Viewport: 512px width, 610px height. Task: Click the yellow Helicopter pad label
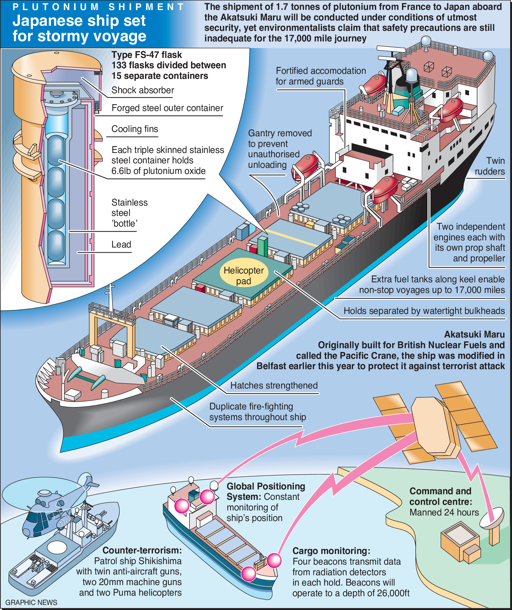(x=243, y=275)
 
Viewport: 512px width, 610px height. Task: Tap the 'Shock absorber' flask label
(x=143, y=90)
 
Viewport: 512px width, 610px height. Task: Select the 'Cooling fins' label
(x=135, y=129)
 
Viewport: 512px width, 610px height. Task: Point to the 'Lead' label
(x=121, y=244)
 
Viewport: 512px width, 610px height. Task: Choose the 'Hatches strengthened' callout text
(x=274, y=385)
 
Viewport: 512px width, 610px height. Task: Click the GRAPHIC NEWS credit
(x=31, y=602)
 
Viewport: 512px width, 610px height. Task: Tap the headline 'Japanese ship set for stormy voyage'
(x=79, y=28)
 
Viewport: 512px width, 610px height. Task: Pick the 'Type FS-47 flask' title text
(x=147, y=55)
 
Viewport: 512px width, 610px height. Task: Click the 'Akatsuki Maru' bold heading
(x=474, y=334)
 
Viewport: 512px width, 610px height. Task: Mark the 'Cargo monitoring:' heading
(x=331, y=551)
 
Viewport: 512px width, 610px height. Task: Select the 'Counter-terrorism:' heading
(x=142, y=550)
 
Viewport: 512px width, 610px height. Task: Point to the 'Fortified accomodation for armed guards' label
(x=320, y=76)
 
